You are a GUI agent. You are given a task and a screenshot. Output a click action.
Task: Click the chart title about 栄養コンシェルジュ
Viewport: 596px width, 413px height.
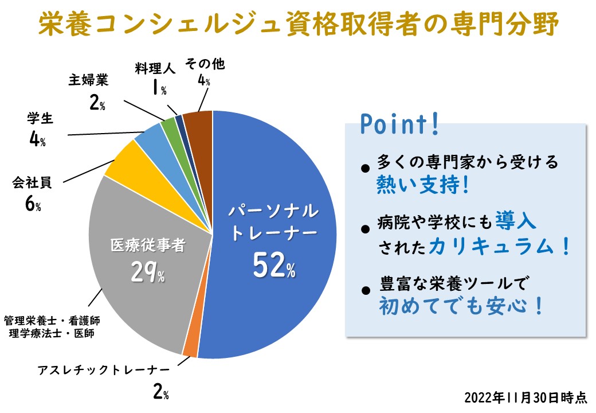298,24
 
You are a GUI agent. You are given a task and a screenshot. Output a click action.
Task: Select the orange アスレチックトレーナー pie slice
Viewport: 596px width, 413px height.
190,348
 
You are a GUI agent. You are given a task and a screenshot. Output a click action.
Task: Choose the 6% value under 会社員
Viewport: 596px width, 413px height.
33,205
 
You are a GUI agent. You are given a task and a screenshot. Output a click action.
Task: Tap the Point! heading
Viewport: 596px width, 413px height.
399,124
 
